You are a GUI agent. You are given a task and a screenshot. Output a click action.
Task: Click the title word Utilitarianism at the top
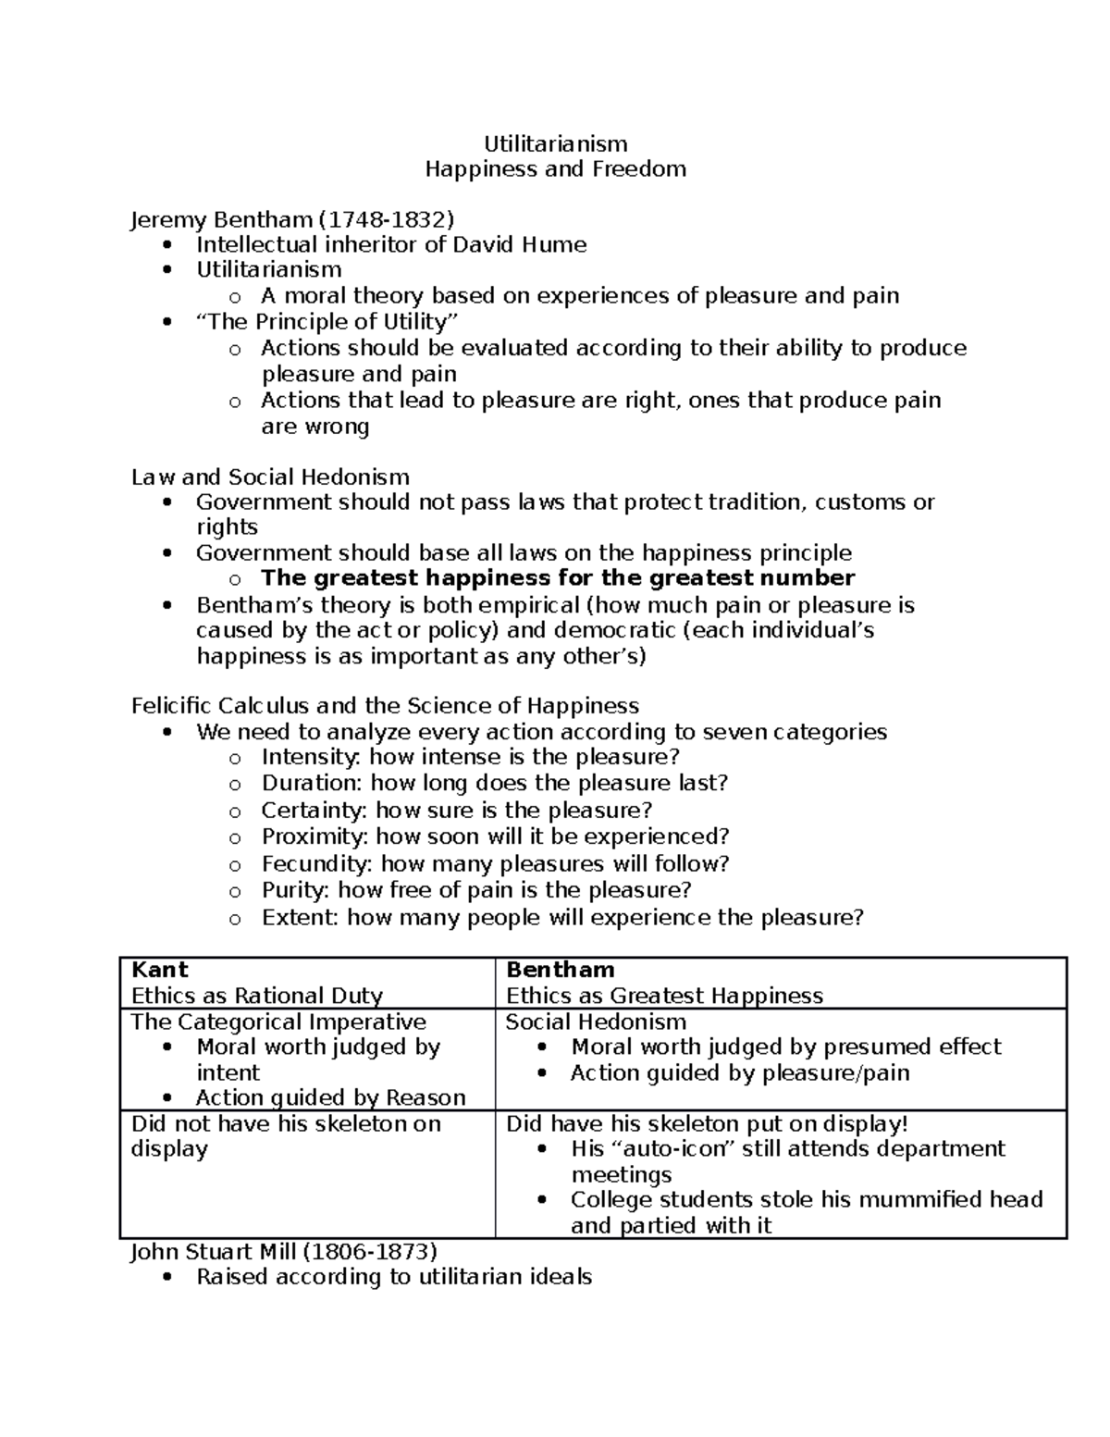pos(556,143)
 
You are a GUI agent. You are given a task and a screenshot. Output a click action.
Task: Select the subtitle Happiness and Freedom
pos(555,168)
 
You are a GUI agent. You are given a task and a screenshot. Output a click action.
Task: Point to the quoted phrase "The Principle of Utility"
pos(327,322)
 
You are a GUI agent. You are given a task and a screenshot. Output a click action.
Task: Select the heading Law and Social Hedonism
pos(270,477)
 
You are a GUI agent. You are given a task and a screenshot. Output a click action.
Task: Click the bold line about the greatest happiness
pos(558,578)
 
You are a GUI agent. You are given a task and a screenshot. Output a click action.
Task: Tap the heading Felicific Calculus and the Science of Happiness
pos(385,706)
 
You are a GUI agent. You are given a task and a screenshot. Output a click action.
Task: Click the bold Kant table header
pos(160,970)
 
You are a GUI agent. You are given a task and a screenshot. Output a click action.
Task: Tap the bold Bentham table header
pos(561,970)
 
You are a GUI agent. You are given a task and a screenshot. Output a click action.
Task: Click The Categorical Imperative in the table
pos(278,1022)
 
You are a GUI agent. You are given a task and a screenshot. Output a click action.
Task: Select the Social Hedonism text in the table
pos(596,1022)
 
